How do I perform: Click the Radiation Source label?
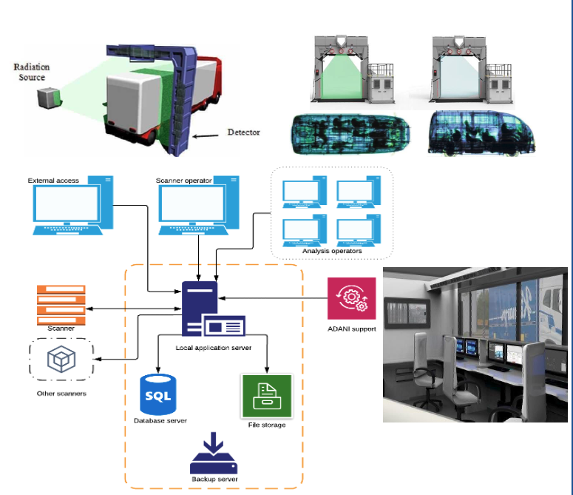[30, 72]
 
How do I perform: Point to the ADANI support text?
[351, 328]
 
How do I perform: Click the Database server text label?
[160, 420]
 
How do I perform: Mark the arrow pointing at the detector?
[208, 135]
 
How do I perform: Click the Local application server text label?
[214, 347]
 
